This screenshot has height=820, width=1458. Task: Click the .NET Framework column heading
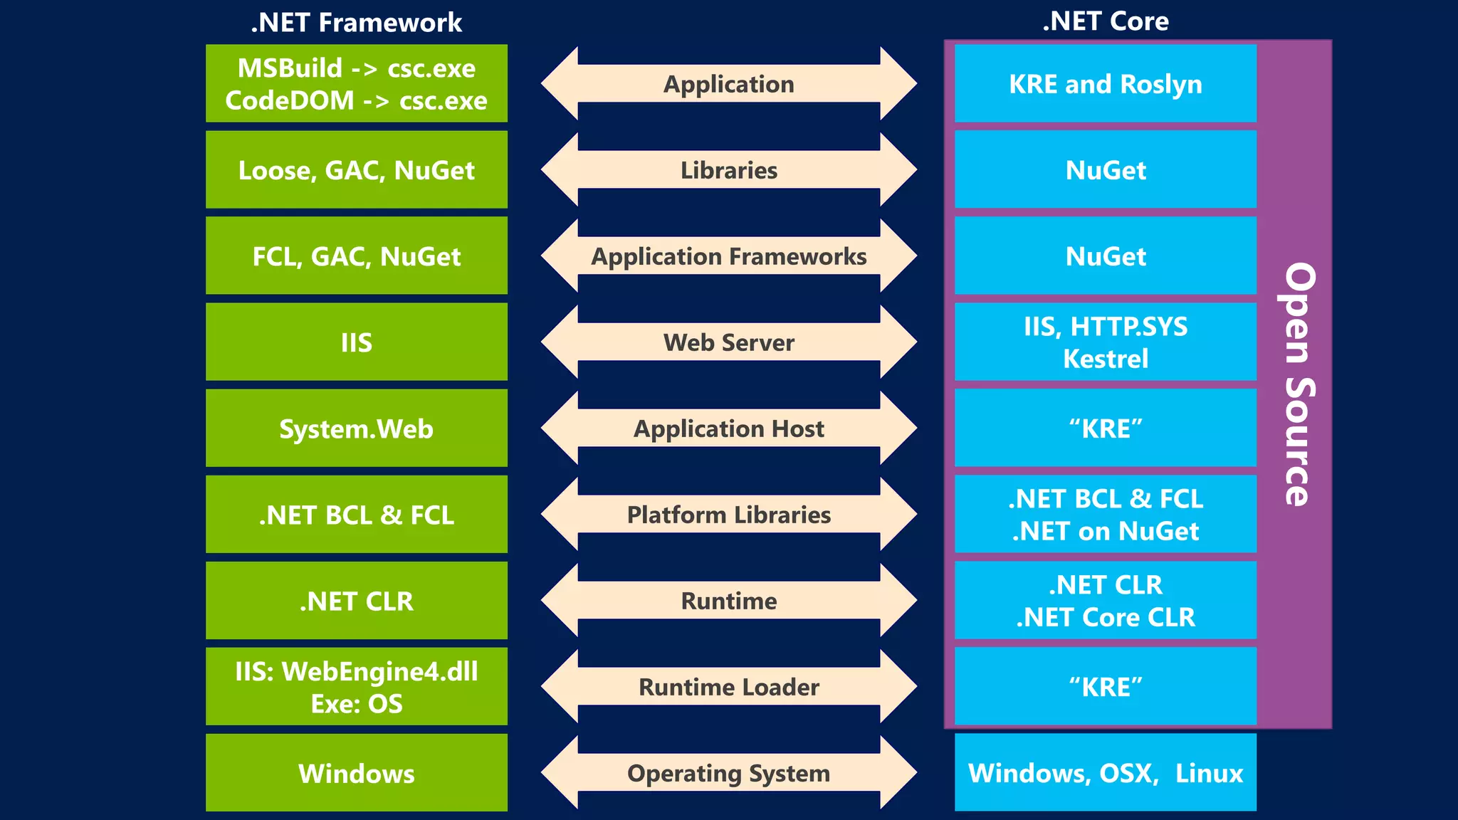(x=356, y=23)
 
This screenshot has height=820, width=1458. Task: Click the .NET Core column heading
(x=1105, y=21)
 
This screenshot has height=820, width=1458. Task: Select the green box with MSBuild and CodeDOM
(x=356, y=83)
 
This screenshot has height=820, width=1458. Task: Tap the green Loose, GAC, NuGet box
(x=356, y=170)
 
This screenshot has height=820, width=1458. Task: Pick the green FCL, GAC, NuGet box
(x=356, y=256)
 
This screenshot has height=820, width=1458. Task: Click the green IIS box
(x=356, y=342)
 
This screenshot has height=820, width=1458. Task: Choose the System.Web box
(x=356, y=429)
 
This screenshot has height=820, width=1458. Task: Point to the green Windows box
(x=356, y=773)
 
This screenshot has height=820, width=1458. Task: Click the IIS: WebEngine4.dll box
(x=356, y=687)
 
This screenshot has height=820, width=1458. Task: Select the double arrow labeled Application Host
(x=728, y=429)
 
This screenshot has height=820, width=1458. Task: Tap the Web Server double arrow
(x=728, y=342)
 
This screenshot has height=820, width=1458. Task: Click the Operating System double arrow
(x=728, y=773)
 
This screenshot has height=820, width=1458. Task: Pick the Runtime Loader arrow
(x=728, y=687)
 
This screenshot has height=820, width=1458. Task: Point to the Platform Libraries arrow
(x=728, y=515)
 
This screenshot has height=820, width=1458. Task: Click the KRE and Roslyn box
(x=1105, y=84)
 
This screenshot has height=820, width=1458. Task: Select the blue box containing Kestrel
(x=1105, y=342)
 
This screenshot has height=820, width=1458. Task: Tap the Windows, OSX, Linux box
(x=1105, y=773)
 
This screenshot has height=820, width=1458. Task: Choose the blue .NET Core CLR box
(x=1105, y=601)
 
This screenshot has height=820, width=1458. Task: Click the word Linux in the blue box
(x=1209, y=773)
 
